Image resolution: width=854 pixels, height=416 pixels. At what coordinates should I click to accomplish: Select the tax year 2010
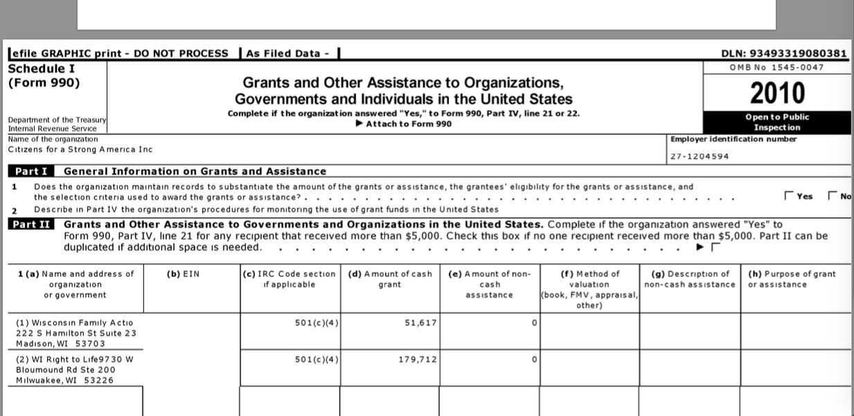point(778,92)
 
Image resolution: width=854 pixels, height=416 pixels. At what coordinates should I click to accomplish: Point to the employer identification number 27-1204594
point(700,156)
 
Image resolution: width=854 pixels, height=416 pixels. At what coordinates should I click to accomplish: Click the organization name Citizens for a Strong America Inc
point(80,150)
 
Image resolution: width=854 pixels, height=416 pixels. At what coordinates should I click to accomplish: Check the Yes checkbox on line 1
point(789,196)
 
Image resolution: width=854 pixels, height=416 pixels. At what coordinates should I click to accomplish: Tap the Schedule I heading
point(42,69)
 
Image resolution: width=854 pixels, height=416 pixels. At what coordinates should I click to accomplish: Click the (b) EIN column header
point(184,274)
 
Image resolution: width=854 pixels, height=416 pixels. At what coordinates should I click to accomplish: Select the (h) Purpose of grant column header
point(792,279)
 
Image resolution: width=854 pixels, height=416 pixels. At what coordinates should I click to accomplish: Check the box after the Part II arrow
point(715,247)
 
